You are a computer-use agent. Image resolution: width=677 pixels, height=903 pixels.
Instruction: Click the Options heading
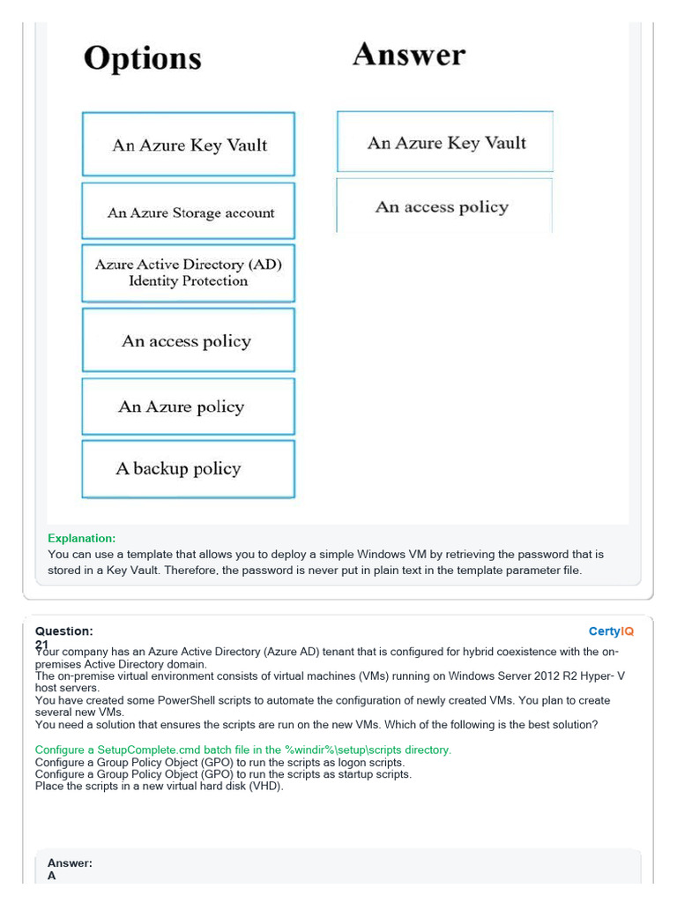click(142, 58)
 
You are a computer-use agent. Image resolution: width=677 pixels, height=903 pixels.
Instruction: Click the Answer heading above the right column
click(409, 55)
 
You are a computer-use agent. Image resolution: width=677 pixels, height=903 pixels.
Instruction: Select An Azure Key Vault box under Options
click(189, 145)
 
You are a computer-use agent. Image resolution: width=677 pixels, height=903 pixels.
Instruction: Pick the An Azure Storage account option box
click(189, 213)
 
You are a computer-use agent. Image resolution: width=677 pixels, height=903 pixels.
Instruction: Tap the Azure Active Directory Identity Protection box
click(189, 272)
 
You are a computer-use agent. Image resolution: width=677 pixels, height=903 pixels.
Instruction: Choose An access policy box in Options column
click(189, 341)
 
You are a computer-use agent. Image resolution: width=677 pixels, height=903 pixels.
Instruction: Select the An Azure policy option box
click(189, 407)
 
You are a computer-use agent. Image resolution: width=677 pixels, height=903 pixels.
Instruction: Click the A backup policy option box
click(189, 468)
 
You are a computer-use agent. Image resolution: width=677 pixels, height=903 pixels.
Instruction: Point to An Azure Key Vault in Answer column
click(445, 143)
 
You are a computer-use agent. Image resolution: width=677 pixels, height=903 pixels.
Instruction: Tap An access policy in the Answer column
click(443, 207)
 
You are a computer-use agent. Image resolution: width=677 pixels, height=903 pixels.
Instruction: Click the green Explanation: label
click(81, 538)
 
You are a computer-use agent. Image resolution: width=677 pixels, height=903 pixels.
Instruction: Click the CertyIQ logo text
click(611, 631)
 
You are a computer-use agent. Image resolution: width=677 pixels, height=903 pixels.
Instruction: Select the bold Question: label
click(63, 631)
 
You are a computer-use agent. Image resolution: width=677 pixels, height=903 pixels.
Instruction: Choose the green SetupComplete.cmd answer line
click(243, 750)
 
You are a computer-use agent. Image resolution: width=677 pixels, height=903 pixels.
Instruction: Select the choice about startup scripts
click(223, 774)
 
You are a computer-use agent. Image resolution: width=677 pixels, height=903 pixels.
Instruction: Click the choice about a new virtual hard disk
click(160, 786)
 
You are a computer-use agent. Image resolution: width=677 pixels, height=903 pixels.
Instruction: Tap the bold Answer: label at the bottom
click(70, 863)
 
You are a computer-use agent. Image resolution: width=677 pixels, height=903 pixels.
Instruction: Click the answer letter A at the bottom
click(52, 877)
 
